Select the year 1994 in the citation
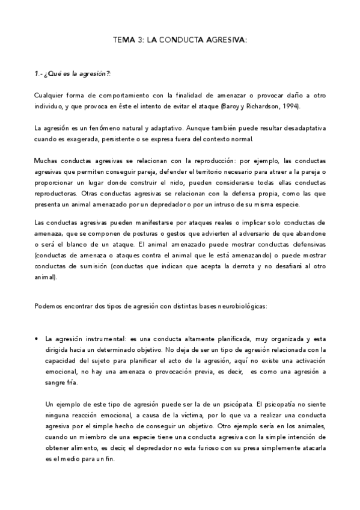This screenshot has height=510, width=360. click(288, 106)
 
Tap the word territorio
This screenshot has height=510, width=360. click(194, 172)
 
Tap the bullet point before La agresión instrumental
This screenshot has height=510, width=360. click(37, 339)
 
